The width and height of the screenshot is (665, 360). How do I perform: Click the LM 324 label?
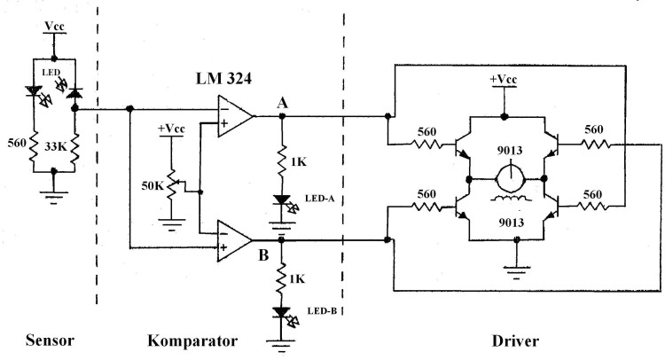coord(223,78)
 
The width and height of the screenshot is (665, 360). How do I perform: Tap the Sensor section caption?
coord(50,340)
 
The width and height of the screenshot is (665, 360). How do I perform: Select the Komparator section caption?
coord(192,340)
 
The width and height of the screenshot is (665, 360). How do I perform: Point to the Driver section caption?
coord(515,340)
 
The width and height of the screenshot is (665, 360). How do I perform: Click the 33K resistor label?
coord(56,146)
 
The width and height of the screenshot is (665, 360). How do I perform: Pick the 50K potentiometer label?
coord(153,185)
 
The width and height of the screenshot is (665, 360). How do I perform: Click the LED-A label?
coord(320,199)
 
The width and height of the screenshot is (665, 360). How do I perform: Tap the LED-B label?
coord(322,311)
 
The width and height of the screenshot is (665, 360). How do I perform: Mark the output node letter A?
coord(283,103)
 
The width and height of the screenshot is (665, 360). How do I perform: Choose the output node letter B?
coord(263,255)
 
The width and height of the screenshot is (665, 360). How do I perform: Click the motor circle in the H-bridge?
coord(511,179)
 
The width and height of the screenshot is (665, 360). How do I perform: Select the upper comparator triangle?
coord(235,116)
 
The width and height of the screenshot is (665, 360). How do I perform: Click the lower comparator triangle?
coord(235,241)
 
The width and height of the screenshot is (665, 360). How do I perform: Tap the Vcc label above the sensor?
coord(54,27)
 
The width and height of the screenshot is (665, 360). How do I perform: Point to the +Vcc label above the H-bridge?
coord(504,79)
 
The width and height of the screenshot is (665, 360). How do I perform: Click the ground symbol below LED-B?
coord(280,345)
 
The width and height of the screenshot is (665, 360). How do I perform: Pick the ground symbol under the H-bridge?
coord(516,272)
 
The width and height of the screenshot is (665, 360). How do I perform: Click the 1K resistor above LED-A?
coord(281,160)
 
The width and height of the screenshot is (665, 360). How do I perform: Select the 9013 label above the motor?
coord(510,151)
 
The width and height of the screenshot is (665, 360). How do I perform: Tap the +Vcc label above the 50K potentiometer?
coord(171,129)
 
